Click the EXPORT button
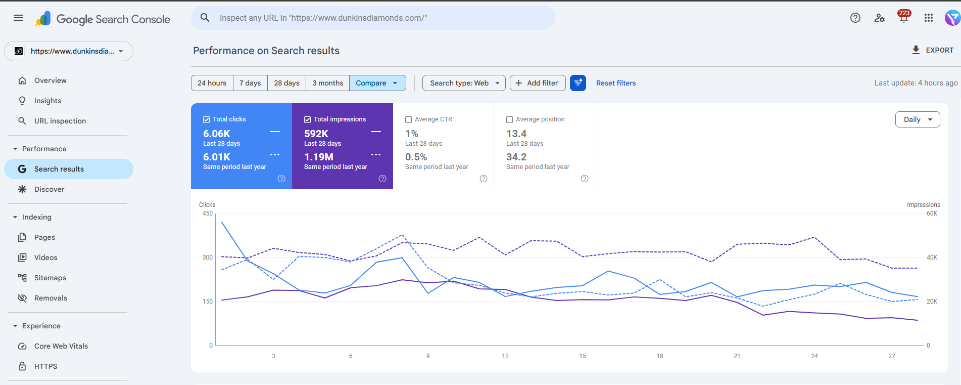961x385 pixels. (932, 50)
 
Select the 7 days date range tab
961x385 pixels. (250, 83)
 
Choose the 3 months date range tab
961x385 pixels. (327, 83)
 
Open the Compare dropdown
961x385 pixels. (377, 83)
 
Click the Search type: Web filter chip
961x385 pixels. (464, 83)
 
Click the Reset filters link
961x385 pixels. (615, 83)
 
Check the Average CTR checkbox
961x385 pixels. (409, 120)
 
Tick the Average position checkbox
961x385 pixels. (510, 120)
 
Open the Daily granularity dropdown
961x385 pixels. (917, 119)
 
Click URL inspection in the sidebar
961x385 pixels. (60, 121)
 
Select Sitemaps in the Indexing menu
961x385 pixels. (50, 278)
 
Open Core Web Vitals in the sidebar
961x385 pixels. (61, 346)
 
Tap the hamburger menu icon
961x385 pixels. (18, 18)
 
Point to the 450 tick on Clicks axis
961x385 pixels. (208, 213)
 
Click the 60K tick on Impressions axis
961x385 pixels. (932, 213)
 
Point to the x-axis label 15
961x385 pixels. (583, 356)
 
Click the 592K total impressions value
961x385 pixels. (316, 134)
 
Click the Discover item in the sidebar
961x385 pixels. (49, 189)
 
